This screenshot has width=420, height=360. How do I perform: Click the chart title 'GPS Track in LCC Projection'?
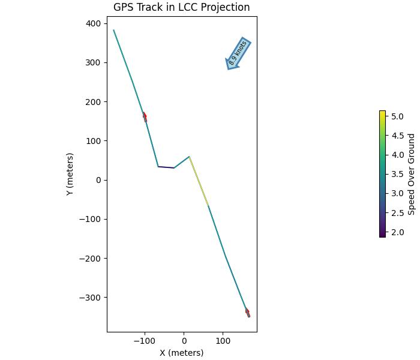181,7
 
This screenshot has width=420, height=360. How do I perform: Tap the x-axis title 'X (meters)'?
181,353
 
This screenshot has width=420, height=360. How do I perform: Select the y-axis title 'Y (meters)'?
70,174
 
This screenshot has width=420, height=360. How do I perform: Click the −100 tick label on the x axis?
144,341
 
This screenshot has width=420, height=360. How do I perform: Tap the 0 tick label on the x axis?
184,341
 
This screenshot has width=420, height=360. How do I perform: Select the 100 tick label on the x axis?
223,341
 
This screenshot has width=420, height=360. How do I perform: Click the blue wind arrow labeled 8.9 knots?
238,53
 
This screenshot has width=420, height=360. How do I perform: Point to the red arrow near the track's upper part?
145,116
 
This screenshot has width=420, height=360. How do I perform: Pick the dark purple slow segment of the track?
166,167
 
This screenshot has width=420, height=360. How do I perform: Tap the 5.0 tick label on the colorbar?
397,116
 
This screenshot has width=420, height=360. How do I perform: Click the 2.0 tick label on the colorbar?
397,232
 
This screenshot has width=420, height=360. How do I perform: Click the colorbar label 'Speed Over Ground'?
412,174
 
